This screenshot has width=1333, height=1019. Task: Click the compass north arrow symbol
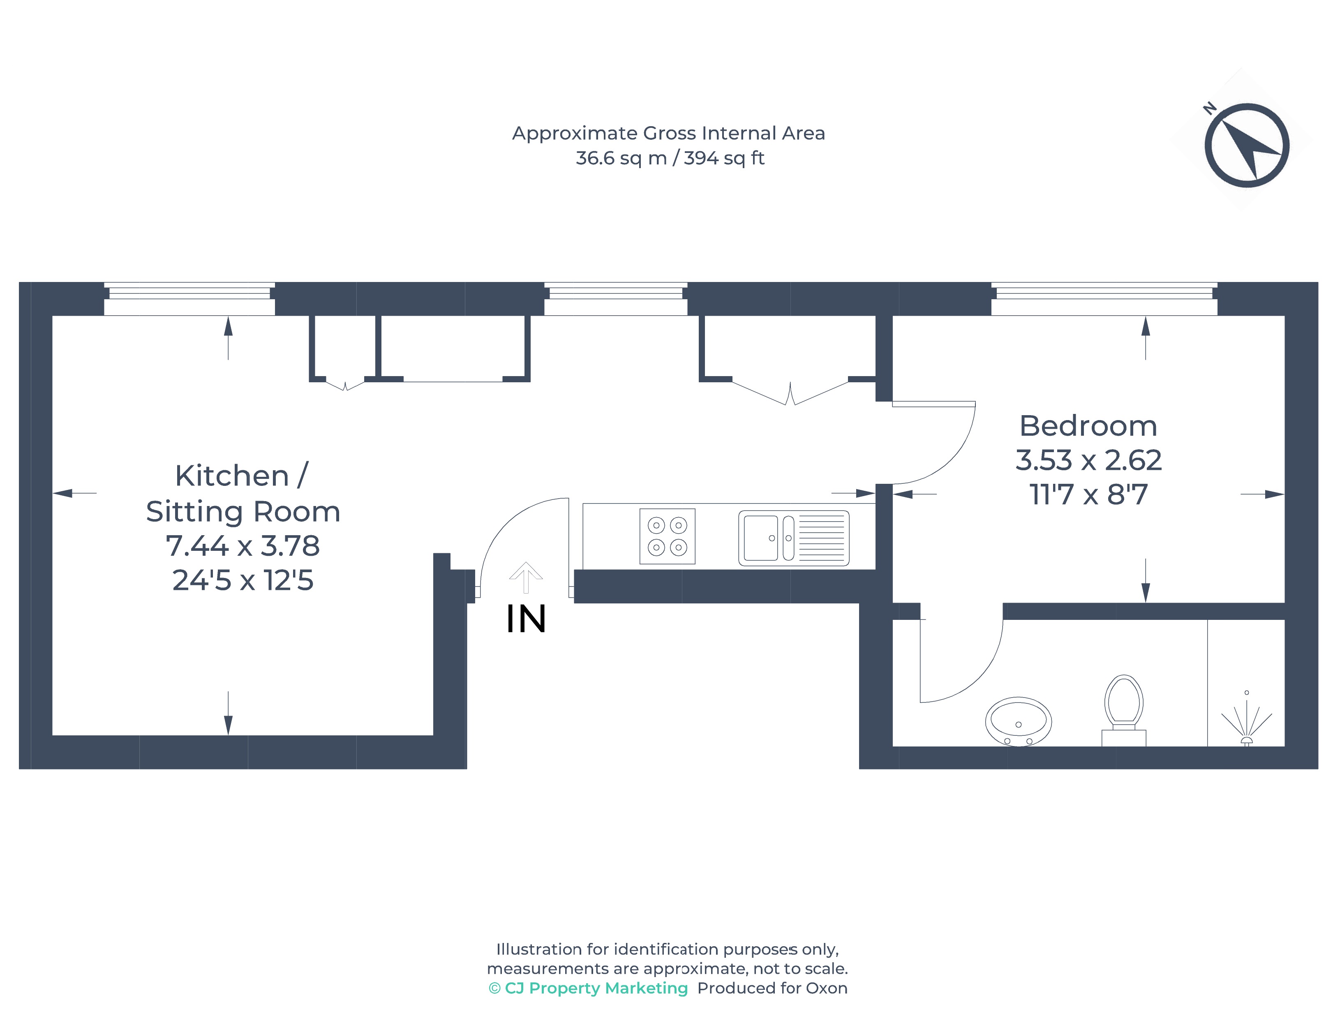click(1246, 145)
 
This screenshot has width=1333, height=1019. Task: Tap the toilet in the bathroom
click(1123, 709)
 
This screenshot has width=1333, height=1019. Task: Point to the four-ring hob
click(667, 536)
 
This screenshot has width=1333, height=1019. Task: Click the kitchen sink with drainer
click(793, 538)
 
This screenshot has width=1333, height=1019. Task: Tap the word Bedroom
click(1088, 426)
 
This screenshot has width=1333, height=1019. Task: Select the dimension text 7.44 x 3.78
click(243, 546)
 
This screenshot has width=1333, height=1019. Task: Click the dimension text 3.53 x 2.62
click(1088, 460)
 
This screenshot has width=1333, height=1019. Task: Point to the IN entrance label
click(526, 619)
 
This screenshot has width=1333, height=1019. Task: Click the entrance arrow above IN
click(525, 578)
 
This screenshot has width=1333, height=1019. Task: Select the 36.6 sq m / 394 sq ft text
click(670, 158)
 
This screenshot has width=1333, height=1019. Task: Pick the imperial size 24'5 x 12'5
click(243, 580)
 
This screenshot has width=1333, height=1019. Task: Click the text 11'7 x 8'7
click(1088, 495)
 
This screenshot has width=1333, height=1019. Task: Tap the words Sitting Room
click(243, 512)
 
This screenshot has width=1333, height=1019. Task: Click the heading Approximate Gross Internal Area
click(668, 134)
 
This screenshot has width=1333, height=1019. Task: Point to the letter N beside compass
click(1210, 109)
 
